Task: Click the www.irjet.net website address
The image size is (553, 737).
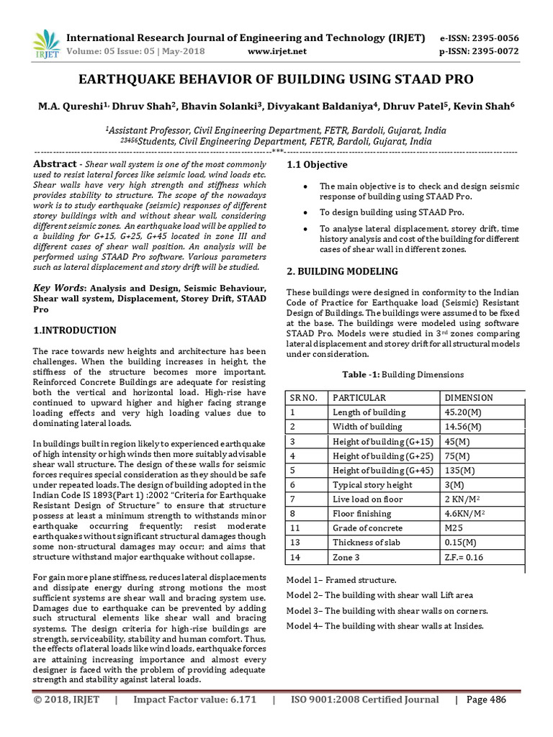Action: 277,52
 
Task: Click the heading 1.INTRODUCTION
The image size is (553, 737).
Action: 75,330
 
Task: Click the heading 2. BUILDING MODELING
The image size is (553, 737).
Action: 342,271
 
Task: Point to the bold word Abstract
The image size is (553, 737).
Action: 55,164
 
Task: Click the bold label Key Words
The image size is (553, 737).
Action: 57,289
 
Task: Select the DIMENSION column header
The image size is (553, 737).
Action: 469,398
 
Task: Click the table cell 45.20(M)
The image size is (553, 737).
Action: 464,412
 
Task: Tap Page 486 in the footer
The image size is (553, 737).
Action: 486,700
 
